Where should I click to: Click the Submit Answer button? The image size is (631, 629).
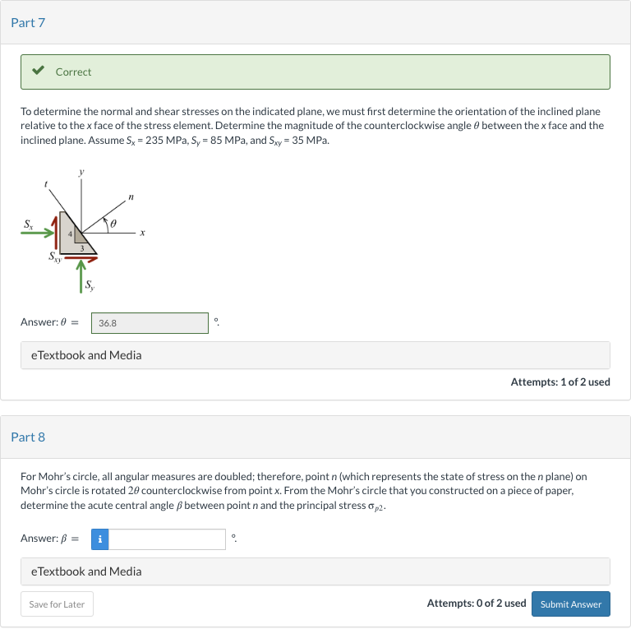pyautogui.click(x=570, y=604)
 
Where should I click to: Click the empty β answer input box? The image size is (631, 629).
pyautogui.click(x=167, y=539)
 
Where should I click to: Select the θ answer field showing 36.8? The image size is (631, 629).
pyautogui.click(x=150, y=323)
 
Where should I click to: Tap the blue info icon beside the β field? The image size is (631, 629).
pyautogui.click(x=99, y=539)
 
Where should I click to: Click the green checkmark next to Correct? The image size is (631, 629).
pyautogui.click(x=38, y=72)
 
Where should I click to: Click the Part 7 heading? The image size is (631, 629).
pyautogui.click(x=28, y=22)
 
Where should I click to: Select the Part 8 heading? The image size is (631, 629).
pyautogui.click(x=28, y=437)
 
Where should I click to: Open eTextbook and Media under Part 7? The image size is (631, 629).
pyautogui.click(x=85, y=355)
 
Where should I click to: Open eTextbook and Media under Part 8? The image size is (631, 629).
pyautogui.click(x=85, y=571)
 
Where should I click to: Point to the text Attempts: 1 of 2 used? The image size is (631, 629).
pyautogui.click(x=560, y=382)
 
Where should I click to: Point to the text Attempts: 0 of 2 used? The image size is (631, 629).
pyautogui.click(x=476, y=604)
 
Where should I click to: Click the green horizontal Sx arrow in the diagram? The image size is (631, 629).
pyautogui.click(x=38, y=234)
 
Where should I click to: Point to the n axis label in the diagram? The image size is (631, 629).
pyautogui.click(x=131, y=197)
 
